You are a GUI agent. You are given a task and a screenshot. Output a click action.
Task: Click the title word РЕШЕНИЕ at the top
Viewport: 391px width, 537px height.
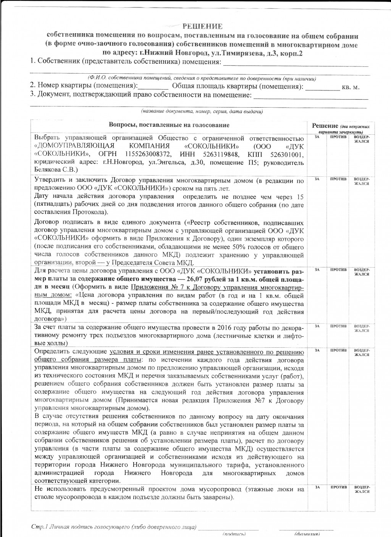point(202,26)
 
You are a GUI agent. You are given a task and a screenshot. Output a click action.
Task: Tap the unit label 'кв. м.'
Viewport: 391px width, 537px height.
point(351,87)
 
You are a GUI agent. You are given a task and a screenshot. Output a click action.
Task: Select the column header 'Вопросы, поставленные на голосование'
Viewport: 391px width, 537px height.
point(169,125)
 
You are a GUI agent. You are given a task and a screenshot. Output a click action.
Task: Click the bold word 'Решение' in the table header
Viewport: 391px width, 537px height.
point(325,126)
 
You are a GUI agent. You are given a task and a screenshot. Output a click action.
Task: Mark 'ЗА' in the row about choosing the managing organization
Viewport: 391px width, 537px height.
point(317,137)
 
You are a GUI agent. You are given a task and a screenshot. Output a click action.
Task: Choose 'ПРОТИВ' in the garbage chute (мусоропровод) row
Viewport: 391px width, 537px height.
point(338,487)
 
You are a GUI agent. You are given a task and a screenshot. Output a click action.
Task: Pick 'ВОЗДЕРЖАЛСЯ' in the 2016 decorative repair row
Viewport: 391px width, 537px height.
point(361,328)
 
